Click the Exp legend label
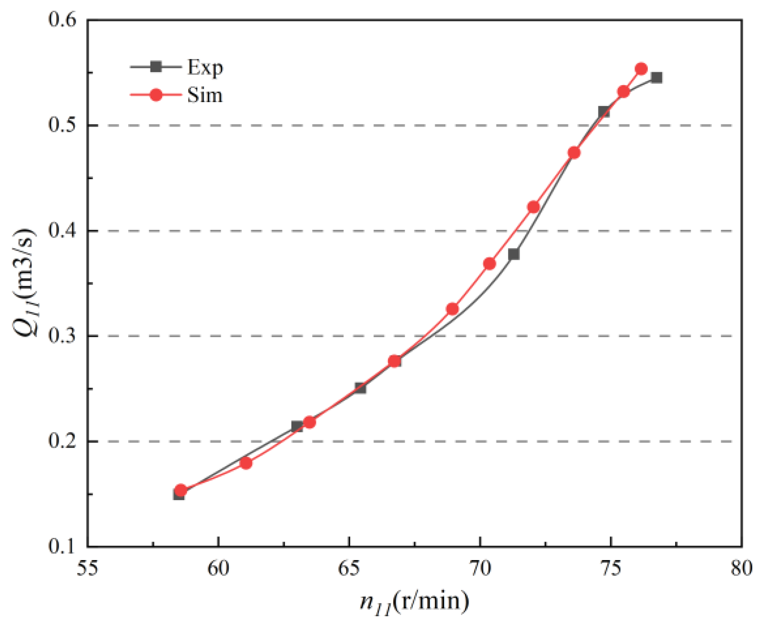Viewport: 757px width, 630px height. (205, 68)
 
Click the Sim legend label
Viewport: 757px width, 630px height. (205, 95)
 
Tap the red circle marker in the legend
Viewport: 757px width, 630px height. (156, 95)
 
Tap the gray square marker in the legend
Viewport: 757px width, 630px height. (156, 67)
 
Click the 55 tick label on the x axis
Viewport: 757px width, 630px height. (87, 568)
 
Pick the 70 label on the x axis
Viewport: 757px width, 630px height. (480, 568)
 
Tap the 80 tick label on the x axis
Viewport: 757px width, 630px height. (741, 568)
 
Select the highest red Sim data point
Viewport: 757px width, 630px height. (641, 69)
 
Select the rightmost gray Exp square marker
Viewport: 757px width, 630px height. (657, 78)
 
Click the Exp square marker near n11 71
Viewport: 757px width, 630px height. (514, 254)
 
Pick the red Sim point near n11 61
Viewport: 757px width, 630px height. (246, 463)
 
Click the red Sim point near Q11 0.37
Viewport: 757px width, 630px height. (489, 264)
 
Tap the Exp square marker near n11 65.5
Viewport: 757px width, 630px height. (360, 388)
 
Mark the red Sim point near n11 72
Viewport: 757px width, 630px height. (533, 207)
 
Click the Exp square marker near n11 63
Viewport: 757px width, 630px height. (297, 426)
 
